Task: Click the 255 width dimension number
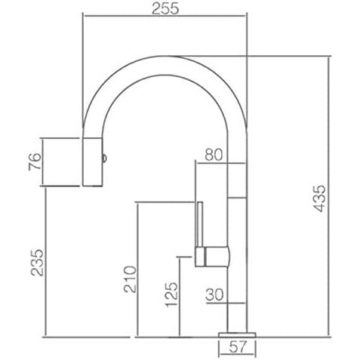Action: coord(165,8)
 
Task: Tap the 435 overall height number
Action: coord(320,198)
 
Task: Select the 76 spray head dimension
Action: coord(35,162)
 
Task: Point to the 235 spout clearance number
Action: coord(37,263)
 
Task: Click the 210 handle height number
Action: coord(130,279)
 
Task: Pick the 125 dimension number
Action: coord(171,294)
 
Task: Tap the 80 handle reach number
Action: coord(214,155)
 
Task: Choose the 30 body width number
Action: coord(214,294)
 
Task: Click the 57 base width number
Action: coord(238,347)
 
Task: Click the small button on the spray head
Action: coord(104,158)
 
